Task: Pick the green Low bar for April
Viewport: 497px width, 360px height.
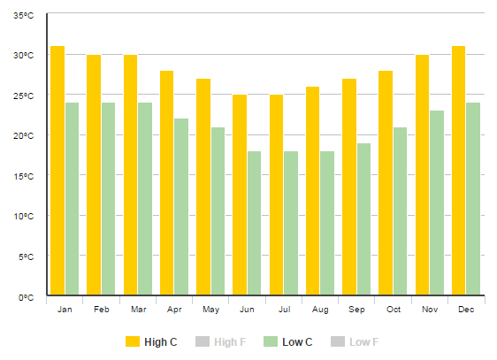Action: point(181,207)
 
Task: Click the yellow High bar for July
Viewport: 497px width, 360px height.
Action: point(276,195)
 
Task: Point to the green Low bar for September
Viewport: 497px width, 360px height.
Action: point(363,219)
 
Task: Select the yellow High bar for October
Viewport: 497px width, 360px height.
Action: point(386,182)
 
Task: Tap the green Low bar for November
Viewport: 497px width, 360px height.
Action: point(437,203)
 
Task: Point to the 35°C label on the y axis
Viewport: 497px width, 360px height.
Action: point(23,15)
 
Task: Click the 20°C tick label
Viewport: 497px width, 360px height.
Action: point(23,136)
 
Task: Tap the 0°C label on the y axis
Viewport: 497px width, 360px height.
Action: point(25,297)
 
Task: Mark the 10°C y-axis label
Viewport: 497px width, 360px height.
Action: point(23,217)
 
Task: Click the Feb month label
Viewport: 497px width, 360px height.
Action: point(101,310)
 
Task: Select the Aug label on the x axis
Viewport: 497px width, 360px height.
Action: point(320,310)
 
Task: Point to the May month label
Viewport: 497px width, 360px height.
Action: point(210,310)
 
